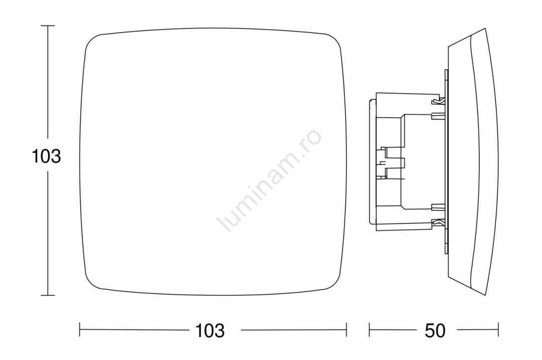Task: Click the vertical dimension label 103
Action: click(x=46, y=156)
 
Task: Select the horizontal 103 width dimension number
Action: click(x=210, y=331)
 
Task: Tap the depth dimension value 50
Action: click(x=435, y=331)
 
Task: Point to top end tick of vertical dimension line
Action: click(x=48, y=26)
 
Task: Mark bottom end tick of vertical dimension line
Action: click(x=48, y=295)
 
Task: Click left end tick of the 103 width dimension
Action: click(x=80, y=329)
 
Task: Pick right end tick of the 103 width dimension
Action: click(x=346, y=329)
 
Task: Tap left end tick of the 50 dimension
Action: click(x=369, y=329)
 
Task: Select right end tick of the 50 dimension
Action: click(x=498, y=329)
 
